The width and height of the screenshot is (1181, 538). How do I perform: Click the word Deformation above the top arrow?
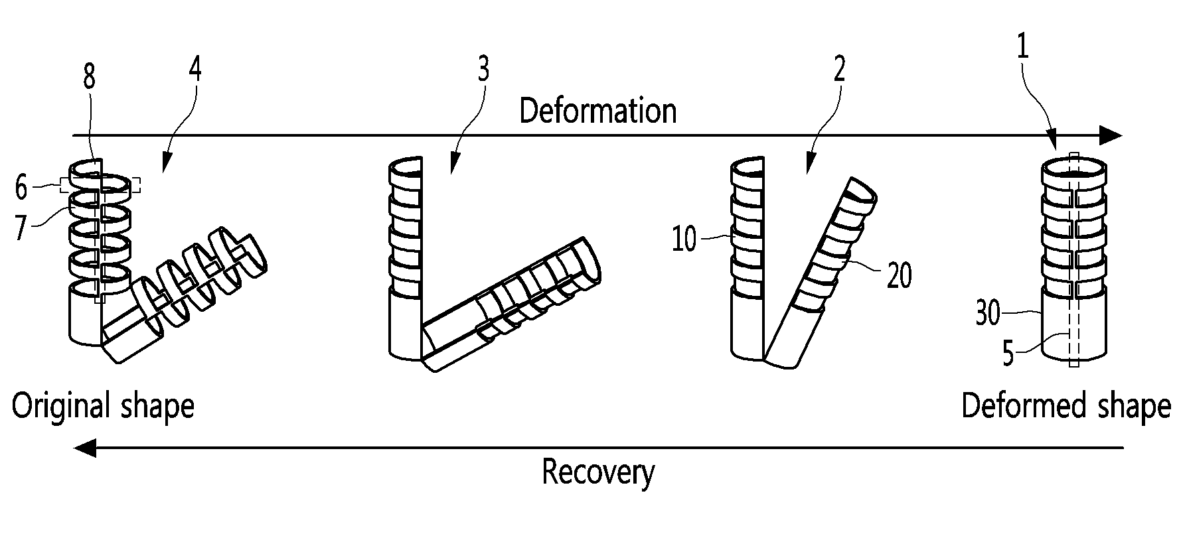click(597, 111)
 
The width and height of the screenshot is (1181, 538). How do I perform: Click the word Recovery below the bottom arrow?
click(598, 472)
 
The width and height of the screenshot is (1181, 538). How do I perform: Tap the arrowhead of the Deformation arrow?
click(1110, 135)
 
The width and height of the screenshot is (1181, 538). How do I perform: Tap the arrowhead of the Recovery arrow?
click(85, 448)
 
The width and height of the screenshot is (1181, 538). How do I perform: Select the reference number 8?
click(89, 78)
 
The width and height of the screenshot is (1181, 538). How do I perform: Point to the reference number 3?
click(483, 69)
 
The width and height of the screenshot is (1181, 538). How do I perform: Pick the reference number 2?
click(839, 69)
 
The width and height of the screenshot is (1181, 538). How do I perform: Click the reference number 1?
click(1023, 49)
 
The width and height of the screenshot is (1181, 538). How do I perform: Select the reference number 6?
click(22, 188)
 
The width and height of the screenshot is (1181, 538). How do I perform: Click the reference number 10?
click(684, 239)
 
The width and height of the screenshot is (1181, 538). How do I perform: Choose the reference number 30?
click(987, 314)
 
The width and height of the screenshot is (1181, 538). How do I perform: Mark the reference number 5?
click(1008, 354)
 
